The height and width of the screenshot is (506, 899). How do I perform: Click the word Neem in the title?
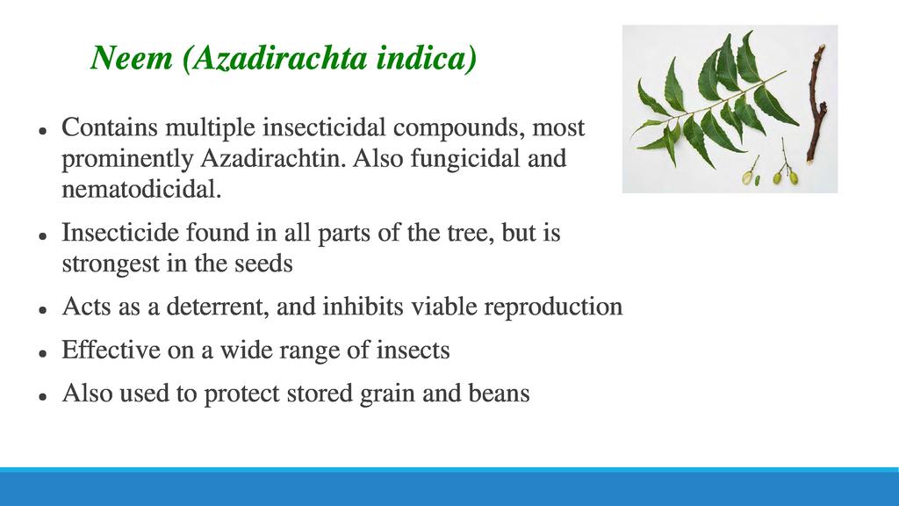[x=132, y=57]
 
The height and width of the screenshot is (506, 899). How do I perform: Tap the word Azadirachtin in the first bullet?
[x=272, y=158]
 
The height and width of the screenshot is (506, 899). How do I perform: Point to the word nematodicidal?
[x=141, y=190]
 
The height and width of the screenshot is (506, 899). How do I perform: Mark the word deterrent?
[x=218, y=307]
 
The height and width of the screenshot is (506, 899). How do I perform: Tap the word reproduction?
[x=553, y=307]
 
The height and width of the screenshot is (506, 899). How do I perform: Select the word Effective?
[x=111, y=350]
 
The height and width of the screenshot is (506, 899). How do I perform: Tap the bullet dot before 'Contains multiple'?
[x=42, y=131]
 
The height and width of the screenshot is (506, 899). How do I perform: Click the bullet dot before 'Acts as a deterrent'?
[x=42, y=310]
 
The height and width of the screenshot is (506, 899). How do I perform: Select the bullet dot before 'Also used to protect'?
[x=42, y=396]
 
